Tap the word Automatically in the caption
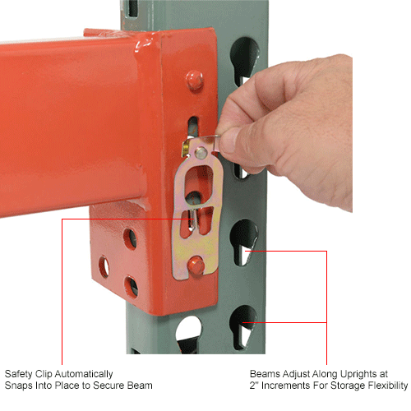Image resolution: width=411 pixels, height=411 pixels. pyautogui.click(x=84, y=375)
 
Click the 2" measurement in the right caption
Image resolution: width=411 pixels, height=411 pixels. pyautogui.click(x=254, y=386)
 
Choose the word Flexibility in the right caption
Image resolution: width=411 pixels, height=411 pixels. pyautogui.click(x=388, y=386)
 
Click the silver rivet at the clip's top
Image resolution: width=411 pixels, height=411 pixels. pyautogui.click(x=201, y=153)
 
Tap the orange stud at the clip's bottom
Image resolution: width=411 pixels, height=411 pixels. pyautogui.click(x=196, y=265)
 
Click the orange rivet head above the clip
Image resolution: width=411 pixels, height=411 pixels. pyautogui.click(x=195, y=81)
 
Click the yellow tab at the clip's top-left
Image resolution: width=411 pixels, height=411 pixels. pyautogui.click(x=186, y=148)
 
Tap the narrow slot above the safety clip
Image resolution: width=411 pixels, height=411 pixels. pyautogui.click(x=193, y=126)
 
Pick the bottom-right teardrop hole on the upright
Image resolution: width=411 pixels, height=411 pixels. pyautogui.click(x=243, y=327)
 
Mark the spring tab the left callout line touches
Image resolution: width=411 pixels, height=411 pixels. pyautogui.click(x=192, y=219)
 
